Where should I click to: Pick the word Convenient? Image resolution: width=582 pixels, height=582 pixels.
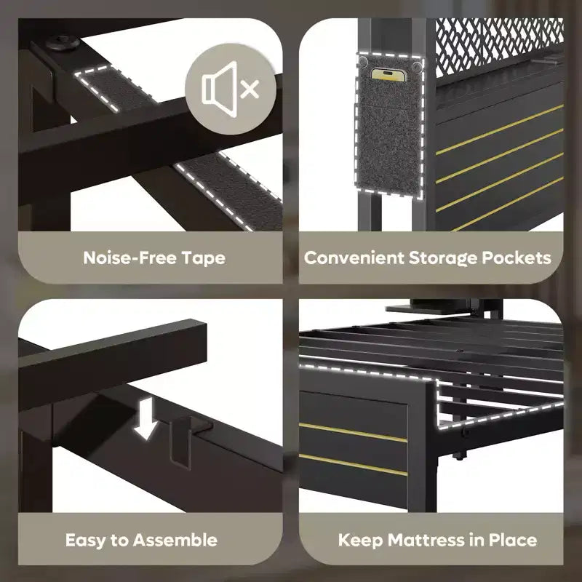[x=354, y=258]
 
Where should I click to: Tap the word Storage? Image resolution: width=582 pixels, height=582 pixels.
[x=443, y=258]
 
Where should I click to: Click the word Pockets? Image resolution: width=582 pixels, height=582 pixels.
[x=517, y=258]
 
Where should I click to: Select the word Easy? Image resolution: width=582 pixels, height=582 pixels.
[x=85, y=541]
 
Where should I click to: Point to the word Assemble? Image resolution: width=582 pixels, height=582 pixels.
[x=175, y=540]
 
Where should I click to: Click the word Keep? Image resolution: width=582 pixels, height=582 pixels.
[x=360, y=541]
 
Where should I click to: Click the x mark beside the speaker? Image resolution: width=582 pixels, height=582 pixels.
[x=250, y=89]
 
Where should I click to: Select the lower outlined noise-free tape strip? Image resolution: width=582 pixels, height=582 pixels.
[x=231, y=190]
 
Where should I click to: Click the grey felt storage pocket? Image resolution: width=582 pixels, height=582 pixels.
[x=389, y=126]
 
